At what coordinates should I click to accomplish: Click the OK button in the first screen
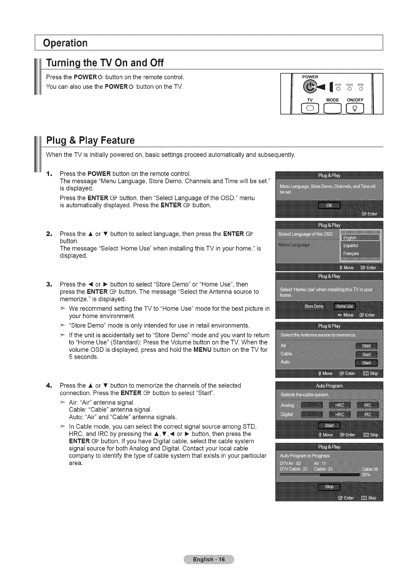coord(329,205)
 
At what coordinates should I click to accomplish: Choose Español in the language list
coord(350,245)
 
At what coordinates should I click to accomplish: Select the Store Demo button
coord(314,306)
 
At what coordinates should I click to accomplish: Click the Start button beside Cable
coord(366,354)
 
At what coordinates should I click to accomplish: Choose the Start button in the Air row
coord(366,346)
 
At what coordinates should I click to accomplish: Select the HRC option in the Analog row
coord(340,405)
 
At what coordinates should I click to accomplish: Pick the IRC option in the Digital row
coord(367,414)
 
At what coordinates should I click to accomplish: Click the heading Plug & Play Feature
coord(90,140)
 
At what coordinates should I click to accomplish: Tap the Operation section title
coord(66,43)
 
